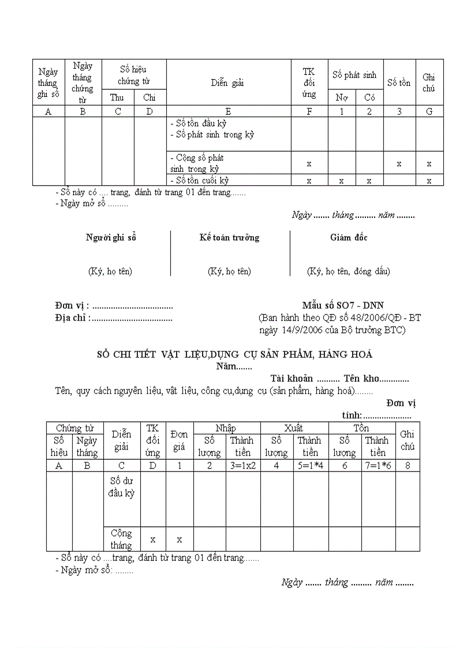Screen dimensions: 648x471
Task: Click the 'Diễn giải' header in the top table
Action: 227,83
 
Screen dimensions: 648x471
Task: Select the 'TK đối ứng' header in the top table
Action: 309,83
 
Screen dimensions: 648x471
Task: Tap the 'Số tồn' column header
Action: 399,83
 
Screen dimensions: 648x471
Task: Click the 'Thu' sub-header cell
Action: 117,98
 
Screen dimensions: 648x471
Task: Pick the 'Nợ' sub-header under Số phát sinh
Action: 342,98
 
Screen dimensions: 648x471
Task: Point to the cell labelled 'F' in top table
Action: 309,111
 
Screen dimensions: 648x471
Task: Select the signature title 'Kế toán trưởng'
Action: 229,238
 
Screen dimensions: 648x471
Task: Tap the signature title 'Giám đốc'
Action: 349,238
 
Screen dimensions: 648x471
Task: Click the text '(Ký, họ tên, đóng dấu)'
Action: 348,271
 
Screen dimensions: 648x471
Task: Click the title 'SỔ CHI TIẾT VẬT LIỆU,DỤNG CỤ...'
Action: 234,354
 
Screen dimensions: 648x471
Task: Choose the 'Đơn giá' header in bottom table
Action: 179,440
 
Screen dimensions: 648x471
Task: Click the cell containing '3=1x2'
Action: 242,466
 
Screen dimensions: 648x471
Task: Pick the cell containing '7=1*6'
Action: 378,466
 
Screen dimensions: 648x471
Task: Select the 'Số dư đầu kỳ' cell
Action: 121,486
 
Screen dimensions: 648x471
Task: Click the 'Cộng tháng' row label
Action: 121,539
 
